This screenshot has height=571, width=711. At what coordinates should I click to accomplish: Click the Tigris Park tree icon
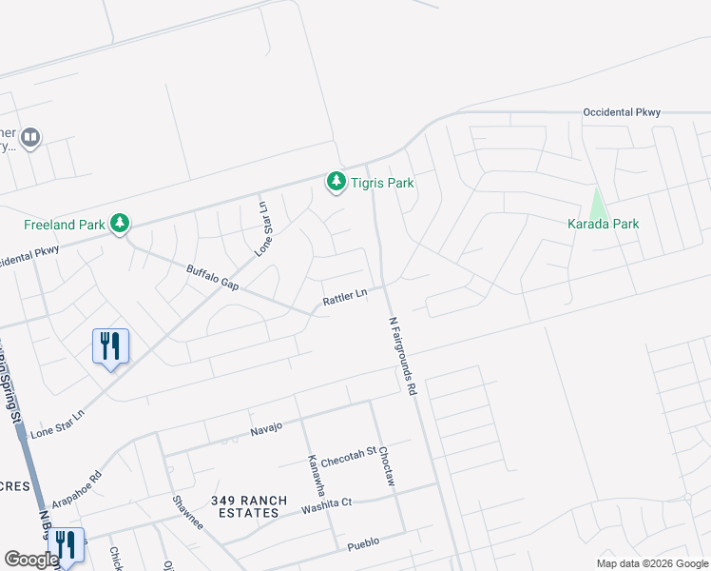pyautogui.click(x=336, y=181)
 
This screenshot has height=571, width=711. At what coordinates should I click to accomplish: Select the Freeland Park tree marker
pyautogui.click(x=120, y=224)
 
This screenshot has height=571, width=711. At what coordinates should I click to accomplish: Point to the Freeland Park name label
pyautogui.click(x=64, y=226)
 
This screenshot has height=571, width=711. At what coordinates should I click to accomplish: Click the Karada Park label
pyautogui.click(x=604, y=224)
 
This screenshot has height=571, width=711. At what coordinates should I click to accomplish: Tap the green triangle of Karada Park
pyautogui.click(x=597, y=203)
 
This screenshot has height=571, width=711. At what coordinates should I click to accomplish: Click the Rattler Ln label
pyautogui.click(x=344, y=299)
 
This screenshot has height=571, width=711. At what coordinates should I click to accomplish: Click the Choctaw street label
pyautogui.click(x=385, y=467)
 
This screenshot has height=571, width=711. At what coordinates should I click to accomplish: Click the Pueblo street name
pyautogui.click(x=363, y=542)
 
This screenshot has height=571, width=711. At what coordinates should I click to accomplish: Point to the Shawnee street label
pyautogui.click(x=187, y=514)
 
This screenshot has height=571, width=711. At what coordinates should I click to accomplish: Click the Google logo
pyautogui.click(x=31, y=560)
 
